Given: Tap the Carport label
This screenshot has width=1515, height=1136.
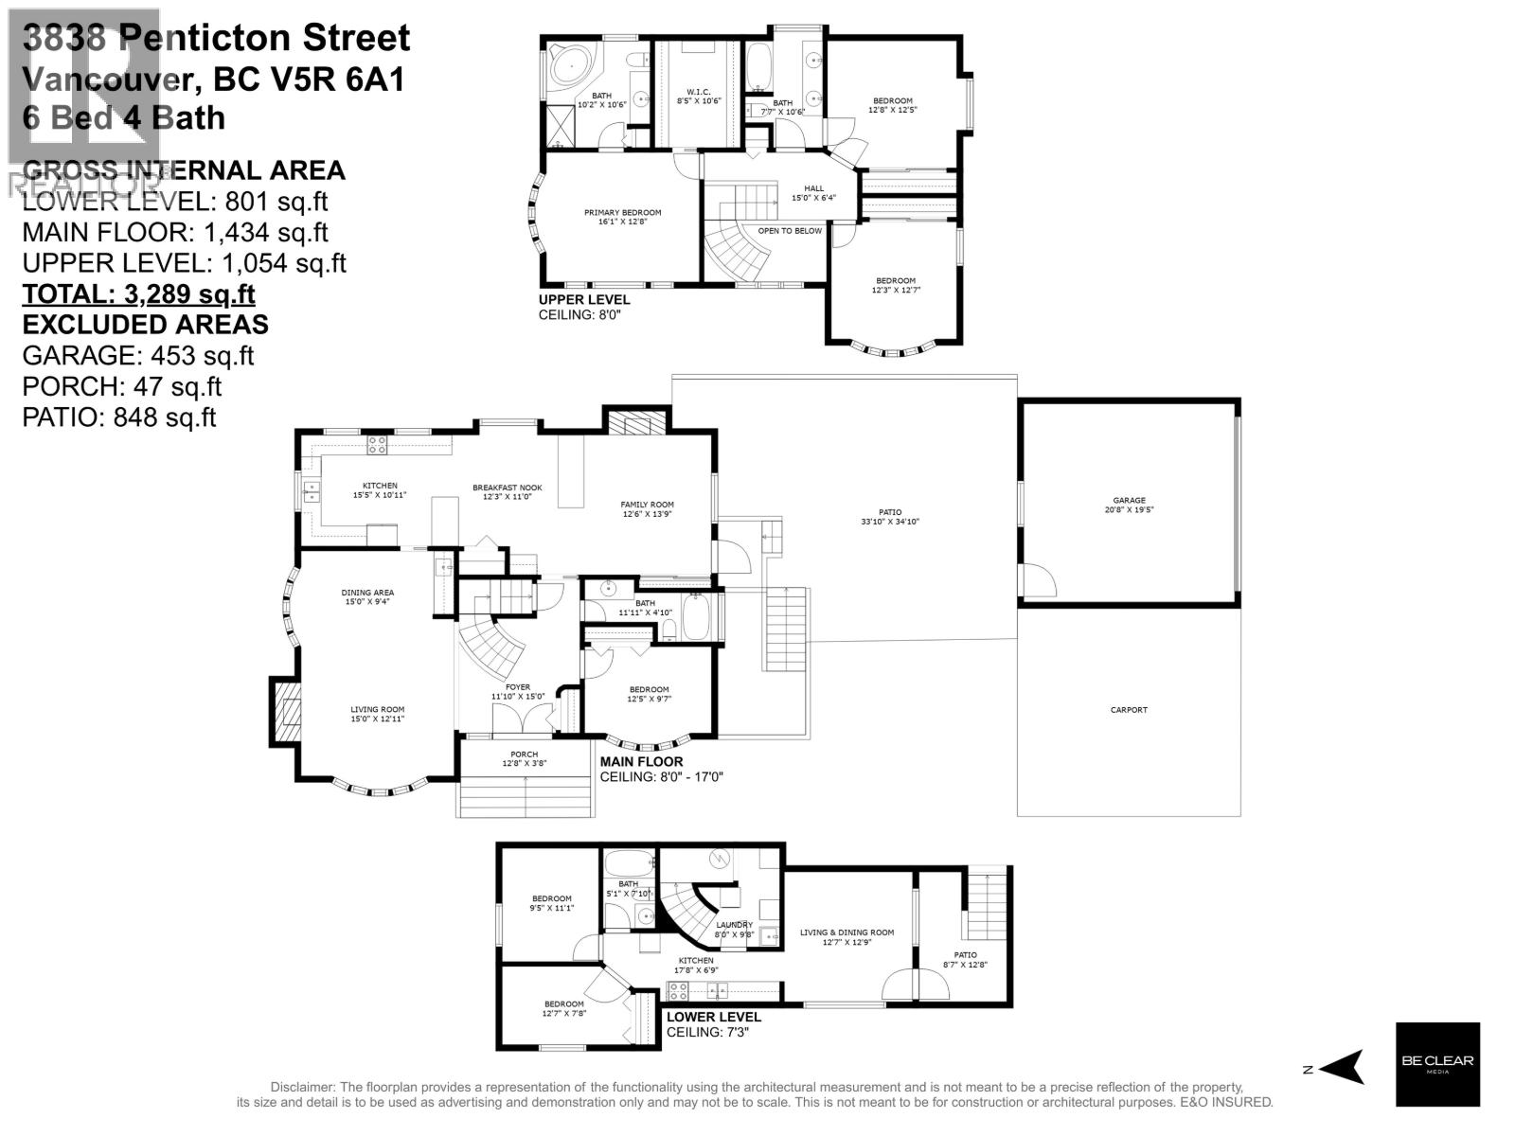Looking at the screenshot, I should coord(1129,709).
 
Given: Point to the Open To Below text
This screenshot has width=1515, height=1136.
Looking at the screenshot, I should coord(790,230).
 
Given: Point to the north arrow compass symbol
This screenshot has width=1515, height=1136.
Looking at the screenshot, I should coord(1340,1067).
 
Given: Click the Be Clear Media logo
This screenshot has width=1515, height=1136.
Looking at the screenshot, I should coord(1437,1064).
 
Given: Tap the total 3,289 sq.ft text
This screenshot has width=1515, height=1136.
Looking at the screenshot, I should coord(138,293).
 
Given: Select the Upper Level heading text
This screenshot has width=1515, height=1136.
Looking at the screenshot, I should coord(583,300).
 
